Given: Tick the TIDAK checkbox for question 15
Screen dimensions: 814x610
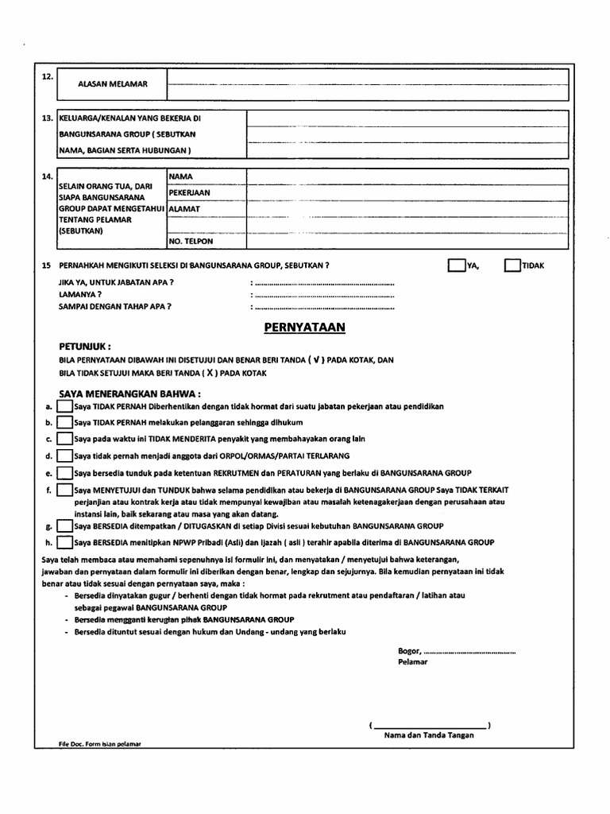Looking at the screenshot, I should click(512, 265).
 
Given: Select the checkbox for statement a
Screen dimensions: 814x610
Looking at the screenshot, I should click(64, 406).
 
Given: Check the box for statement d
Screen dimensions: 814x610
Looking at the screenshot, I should click(64, 456).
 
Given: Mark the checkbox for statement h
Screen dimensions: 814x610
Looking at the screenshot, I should click(64, 542).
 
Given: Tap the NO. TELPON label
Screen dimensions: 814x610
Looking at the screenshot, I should click(191, 241).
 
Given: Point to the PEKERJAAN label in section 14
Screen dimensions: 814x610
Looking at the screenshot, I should click(189, 193).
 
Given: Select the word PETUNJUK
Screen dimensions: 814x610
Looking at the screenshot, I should click(84, 347).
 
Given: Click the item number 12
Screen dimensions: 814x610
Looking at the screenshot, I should click(47, 76).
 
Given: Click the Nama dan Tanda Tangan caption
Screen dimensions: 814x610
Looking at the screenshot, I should click(429, 735).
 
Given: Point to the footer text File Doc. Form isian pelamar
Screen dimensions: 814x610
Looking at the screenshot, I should click(98, 745).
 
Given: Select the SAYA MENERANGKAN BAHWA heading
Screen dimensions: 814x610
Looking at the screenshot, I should click(130, 393).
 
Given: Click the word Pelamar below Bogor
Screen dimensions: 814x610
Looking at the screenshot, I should click(412, 661).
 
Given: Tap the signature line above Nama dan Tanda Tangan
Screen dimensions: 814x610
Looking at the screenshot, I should click(430, 726).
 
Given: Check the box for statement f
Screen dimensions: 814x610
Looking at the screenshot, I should click(64, 490).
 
